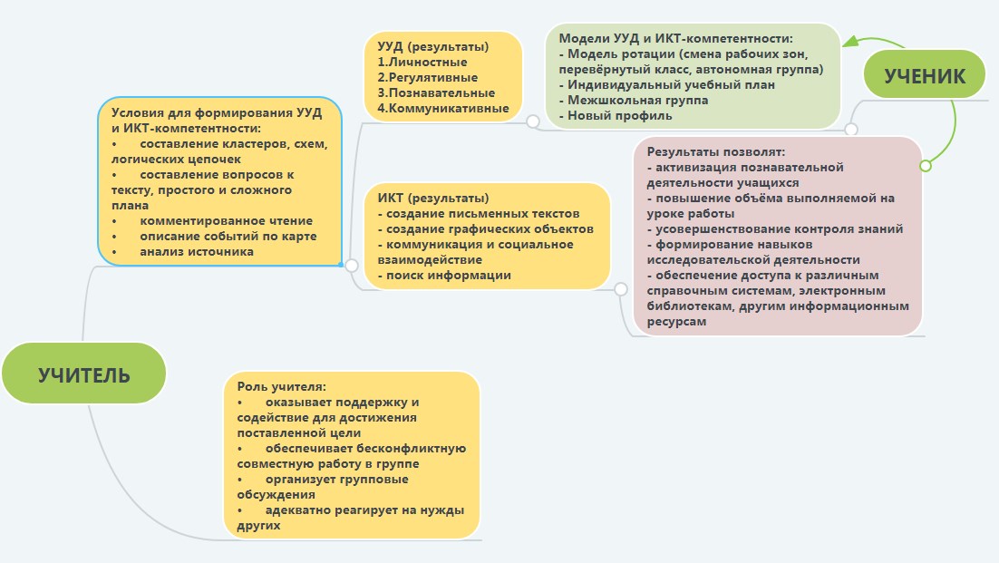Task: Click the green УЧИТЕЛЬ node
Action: tap(83, 374)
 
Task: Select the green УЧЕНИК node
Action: tap(924, 74)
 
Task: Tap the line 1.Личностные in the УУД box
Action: tap(422, 62)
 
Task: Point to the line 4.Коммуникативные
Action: tap(443, 108)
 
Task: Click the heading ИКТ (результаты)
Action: tap(433, 198)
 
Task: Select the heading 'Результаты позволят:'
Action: tap(716, 151)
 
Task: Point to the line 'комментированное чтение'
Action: tap(226, 220)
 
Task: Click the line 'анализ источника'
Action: tap(197, 251)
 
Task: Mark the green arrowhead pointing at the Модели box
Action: tap(849, 41)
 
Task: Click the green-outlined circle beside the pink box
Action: tap(926, 166)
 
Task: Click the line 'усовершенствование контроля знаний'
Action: tap(775, 229)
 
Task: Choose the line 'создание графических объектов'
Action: tap(485, 228)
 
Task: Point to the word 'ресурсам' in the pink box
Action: tap(676, 322)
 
